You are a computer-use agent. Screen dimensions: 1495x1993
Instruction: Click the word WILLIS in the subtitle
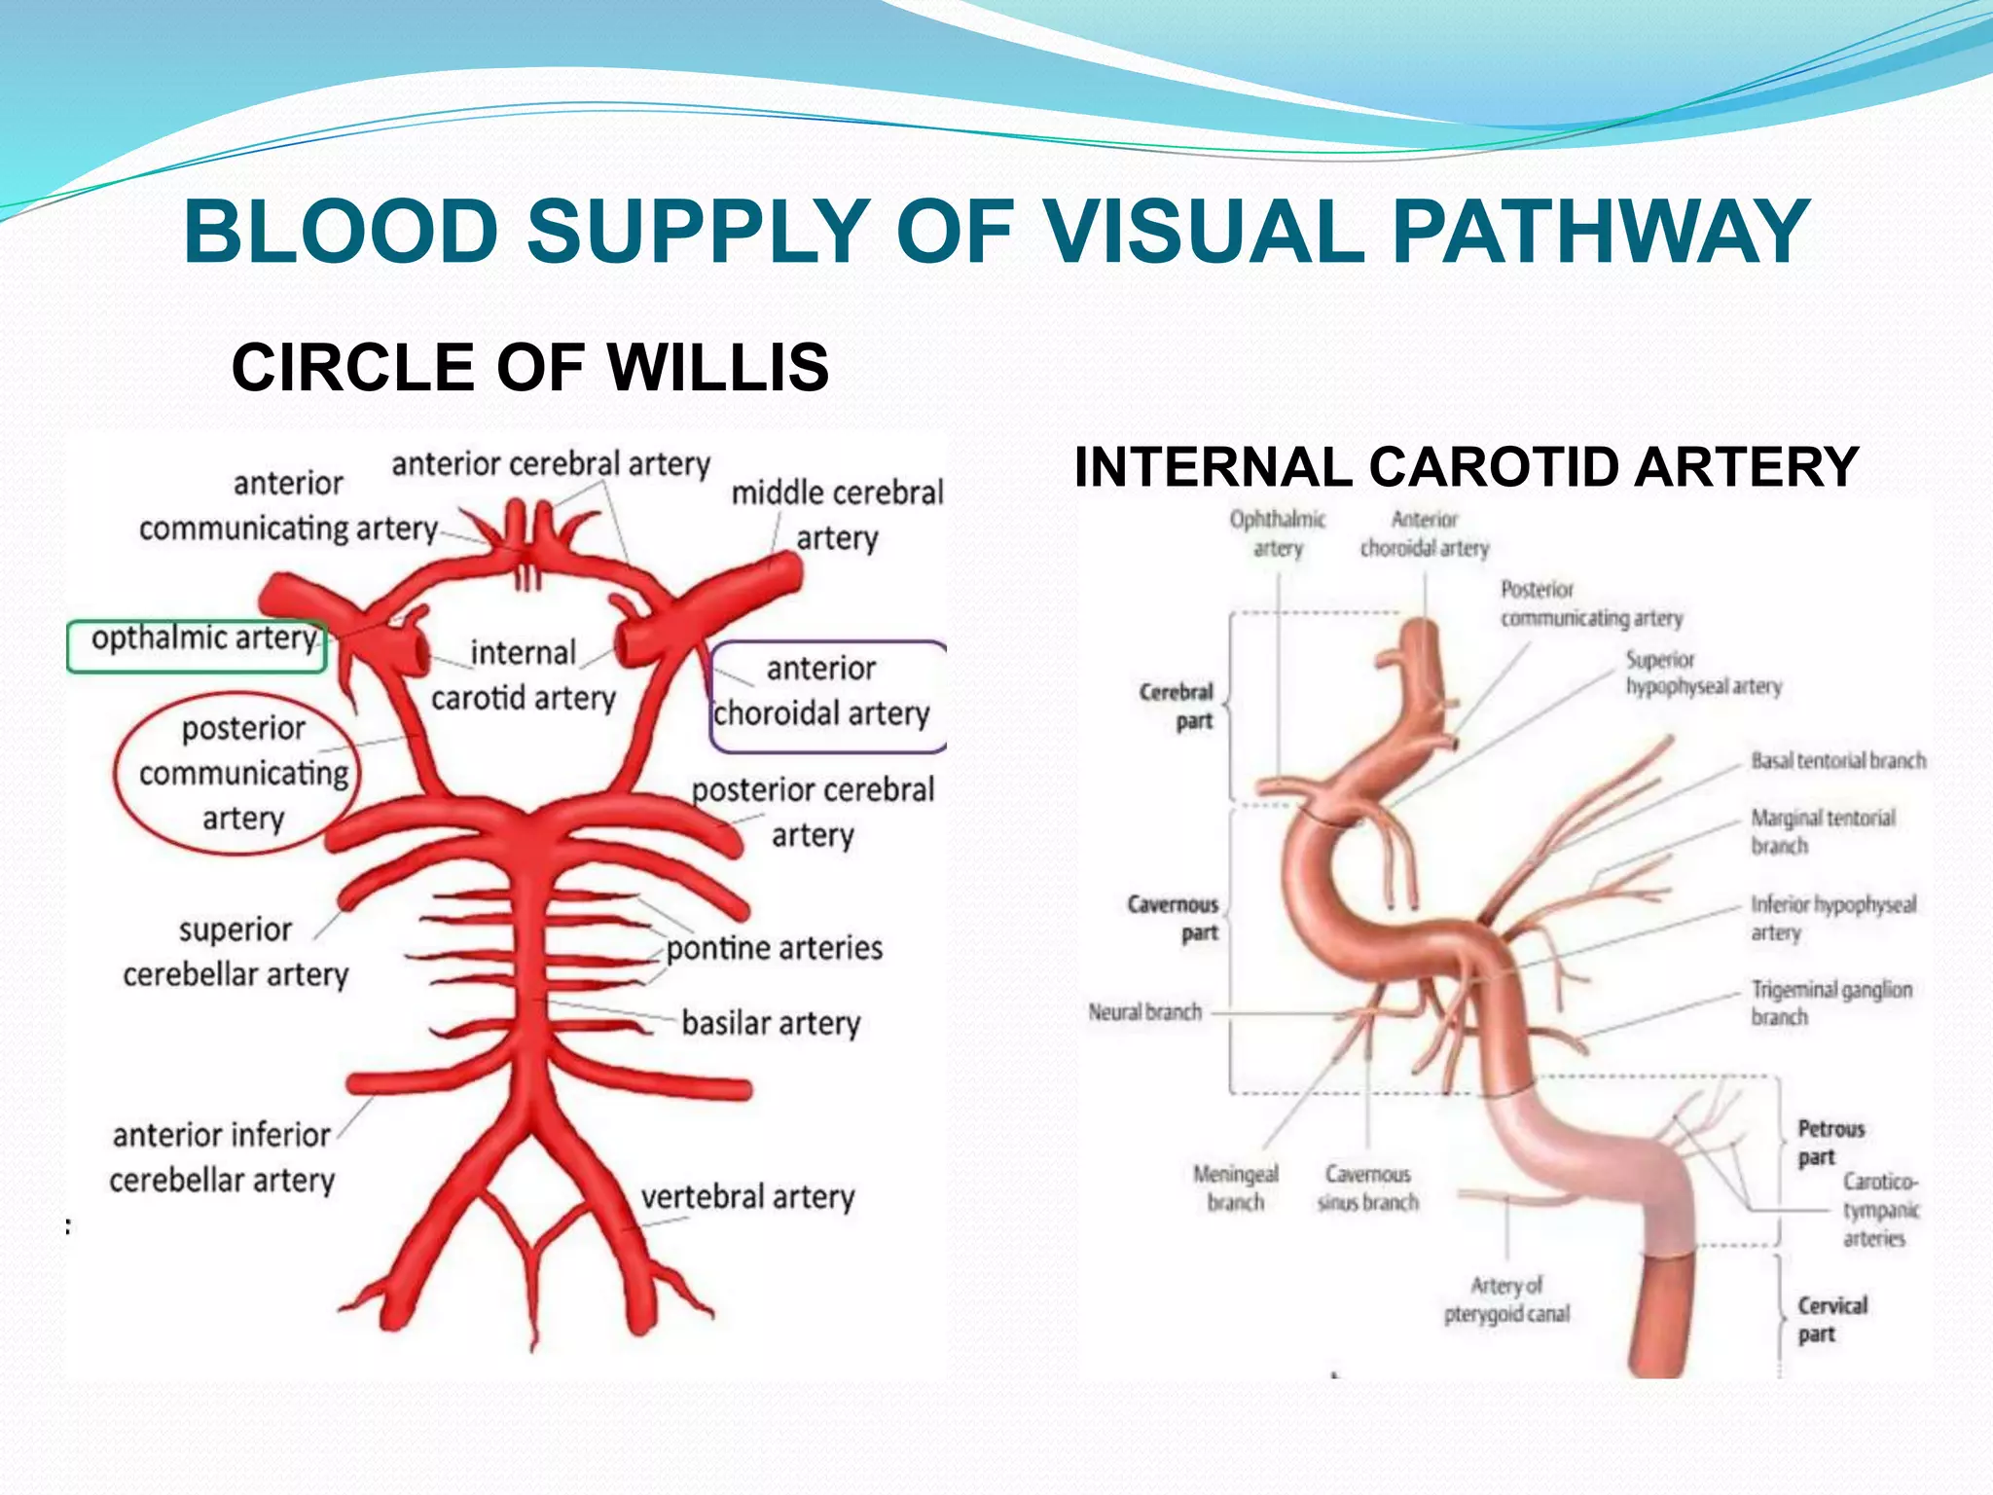pos(718,368)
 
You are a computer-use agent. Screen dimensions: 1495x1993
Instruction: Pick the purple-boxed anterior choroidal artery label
pos(822,693)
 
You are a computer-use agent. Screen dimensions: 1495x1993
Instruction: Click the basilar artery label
pos(771,1024)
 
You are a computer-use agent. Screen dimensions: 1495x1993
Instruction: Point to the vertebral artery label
pos(747,1196)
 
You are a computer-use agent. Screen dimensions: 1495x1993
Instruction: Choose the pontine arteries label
pos(775,948)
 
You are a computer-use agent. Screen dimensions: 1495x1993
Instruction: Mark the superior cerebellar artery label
pos(236,952)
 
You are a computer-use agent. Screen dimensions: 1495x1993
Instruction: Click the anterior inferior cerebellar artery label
pos(222,1157)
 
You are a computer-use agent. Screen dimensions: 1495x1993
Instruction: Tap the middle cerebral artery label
pos(837,515)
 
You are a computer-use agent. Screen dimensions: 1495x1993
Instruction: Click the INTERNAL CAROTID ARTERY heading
pos(1467,467)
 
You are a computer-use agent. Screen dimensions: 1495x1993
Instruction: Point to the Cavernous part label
pos(1173,918)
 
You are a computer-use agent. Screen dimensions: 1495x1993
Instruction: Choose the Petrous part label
pos(1830,1143)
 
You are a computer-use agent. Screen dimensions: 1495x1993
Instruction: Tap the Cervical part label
pos(1831,1319)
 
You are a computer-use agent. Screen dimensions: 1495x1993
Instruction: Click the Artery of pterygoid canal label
pos(1506,1299)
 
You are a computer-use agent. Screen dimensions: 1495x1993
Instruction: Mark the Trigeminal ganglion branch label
pos(1830,1003)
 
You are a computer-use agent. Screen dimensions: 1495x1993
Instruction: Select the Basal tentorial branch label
pos(1837,761)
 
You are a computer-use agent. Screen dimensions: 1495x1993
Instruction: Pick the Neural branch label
pos(1144,1012)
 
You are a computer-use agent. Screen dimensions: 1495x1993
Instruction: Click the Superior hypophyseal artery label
pos(1703,673)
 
